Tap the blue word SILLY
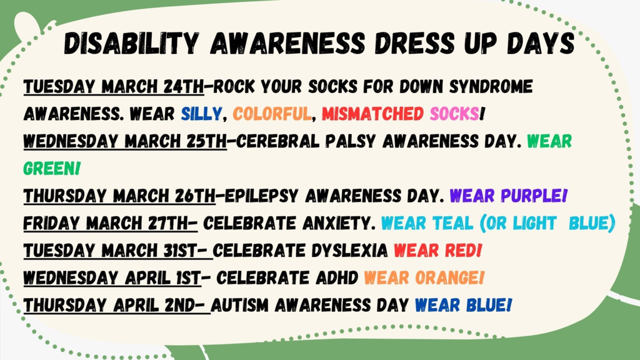(201, 114)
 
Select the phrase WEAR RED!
(437, 251)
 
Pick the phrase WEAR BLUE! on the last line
(464, 305)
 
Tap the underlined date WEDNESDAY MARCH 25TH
(125, 141)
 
